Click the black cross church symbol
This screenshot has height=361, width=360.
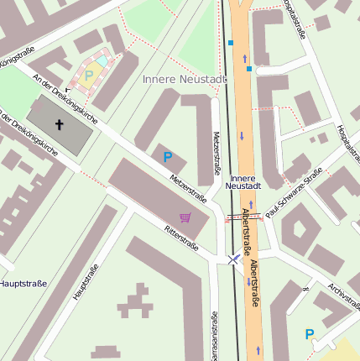click(60, 125)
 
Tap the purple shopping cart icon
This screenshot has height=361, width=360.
click(185, 217)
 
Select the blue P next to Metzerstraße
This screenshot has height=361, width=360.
click(168, 157)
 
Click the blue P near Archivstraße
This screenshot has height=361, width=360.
click(310, 333)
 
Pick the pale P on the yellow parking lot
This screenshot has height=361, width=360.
click(89, 76)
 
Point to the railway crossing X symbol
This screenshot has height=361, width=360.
click(233, 260)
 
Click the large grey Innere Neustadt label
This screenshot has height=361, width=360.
click(185, 79)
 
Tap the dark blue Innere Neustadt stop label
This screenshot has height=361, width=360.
click(244, 181)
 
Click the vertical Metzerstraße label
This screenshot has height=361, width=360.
click(216, 152)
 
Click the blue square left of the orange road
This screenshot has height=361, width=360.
click(231, 42)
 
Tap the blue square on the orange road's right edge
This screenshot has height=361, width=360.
click(249, 69)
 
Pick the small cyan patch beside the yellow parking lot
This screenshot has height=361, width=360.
click(102, 62)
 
